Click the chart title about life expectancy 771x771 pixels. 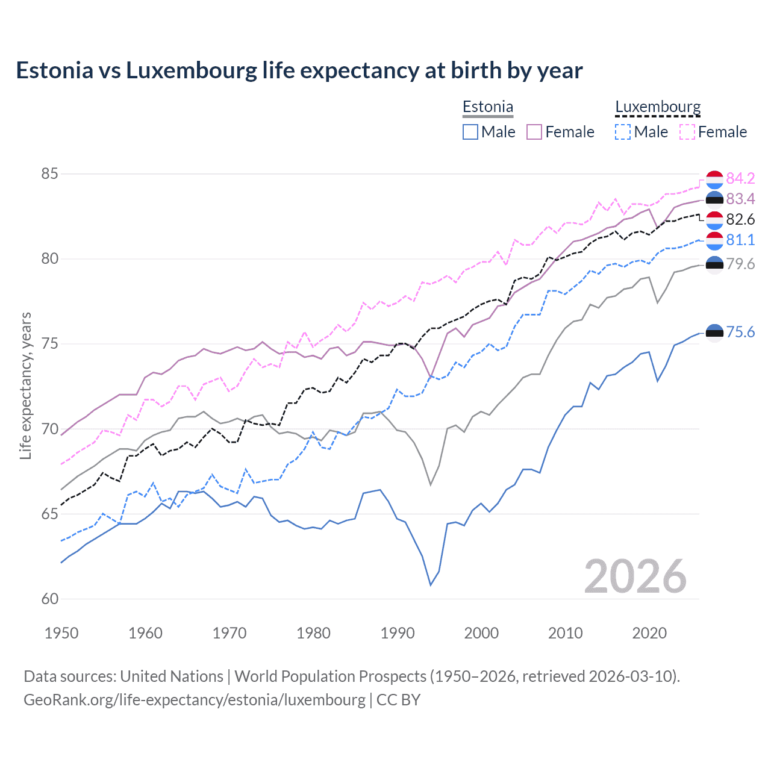[x=299, y=70]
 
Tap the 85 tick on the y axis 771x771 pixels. [x=49, y=174]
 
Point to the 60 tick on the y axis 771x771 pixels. [x=49, y=599]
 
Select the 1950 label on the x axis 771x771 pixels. [x=61, y=633]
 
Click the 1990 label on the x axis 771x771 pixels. [x=398, y=633]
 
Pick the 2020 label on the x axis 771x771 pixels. [x=649, y=633]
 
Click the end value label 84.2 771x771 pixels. [x=740, y=178]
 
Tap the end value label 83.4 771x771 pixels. [x=740, y=199]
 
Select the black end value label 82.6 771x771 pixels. [x=740, y=219]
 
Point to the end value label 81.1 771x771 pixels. [x=740, y=240]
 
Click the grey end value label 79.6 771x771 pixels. [x=740, y=264]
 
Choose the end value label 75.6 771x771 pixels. [x=740, y=332]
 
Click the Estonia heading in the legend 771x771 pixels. [x=488, y=107]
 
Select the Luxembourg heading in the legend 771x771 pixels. [x=658, y=107]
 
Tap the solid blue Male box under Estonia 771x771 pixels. [x=470, y=132]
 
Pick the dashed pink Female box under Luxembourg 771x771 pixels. [x=687, y=132]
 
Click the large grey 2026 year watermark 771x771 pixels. [x=635, y=576]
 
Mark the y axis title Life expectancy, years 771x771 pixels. [x=26, y=385]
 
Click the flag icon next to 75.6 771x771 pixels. [x=714, y=332]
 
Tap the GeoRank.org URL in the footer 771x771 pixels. [x=195, y=700]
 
